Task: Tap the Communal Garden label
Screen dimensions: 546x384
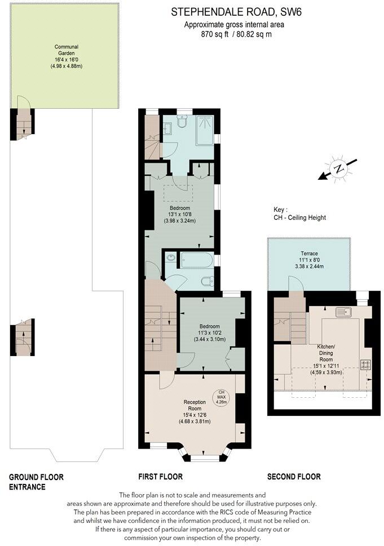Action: pyautogui.click(x=66, y=56)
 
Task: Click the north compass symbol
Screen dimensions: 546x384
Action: pyautogui.click(x=338, y=169)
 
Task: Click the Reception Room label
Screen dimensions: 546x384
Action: pyautogui.click(x=194, y=411)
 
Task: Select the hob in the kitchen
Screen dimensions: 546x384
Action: pyautogui.click(x=365, y=364)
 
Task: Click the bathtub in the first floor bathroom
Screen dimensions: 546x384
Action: pyautogui.click(x=189, y=260)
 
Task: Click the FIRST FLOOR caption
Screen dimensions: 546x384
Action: pyautogui.click(x=161, y=477)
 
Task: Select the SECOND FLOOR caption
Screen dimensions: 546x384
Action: pyautogui.click(x=294, y=477)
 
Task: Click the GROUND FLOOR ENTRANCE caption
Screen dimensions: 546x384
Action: pyautogui.click(x=36, y=482)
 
